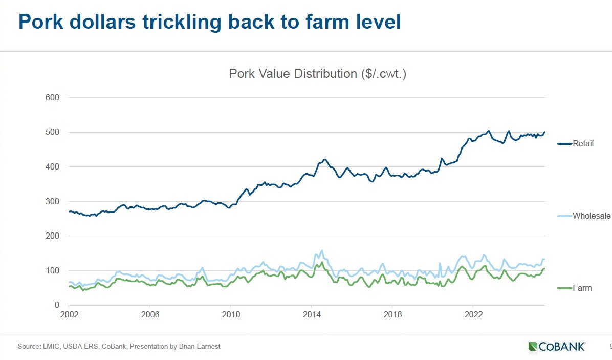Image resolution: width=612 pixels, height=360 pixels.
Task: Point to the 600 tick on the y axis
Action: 53,97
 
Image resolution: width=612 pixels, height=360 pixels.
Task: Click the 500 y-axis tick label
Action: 53,132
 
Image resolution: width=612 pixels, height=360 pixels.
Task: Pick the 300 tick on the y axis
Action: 53,201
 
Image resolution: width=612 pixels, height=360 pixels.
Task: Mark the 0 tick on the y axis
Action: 57,305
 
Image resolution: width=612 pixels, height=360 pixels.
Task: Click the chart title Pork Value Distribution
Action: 317,74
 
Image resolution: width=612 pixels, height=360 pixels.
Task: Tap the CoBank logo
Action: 557,347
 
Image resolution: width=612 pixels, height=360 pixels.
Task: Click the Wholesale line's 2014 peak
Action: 321,250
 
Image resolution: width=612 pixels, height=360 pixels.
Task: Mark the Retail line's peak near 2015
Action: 325,159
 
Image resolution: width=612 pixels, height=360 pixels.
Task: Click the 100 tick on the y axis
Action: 53,270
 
